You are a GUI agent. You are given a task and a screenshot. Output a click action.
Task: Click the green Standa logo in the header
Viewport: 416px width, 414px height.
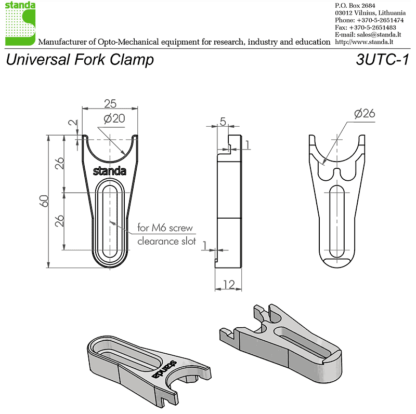tap(20, 23)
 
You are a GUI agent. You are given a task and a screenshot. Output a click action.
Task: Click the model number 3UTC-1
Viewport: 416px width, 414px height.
tap(382, 59)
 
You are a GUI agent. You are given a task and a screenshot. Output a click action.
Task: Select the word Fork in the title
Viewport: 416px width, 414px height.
tap(89, 59)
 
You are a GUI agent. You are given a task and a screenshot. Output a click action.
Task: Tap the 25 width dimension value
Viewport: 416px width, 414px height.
tap(110, 104)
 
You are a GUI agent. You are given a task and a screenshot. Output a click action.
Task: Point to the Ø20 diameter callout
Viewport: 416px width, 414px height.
tap(114, 118)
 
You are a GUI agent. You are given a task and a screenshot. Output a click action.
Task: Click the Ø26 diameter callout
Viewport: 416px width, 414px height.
tap(365, 113)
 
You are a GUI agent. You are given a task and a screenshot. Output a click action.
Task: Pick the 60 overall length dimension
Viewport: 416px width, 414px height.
tap(44, 201)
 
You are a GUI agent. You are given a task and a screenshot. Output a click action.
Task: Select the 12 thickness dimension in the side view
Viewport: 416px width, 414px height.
tap(229, 284)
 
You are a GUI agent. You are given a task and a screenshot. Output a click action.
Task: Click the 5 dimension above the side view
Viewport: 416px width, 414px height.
tap(223, 122)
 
